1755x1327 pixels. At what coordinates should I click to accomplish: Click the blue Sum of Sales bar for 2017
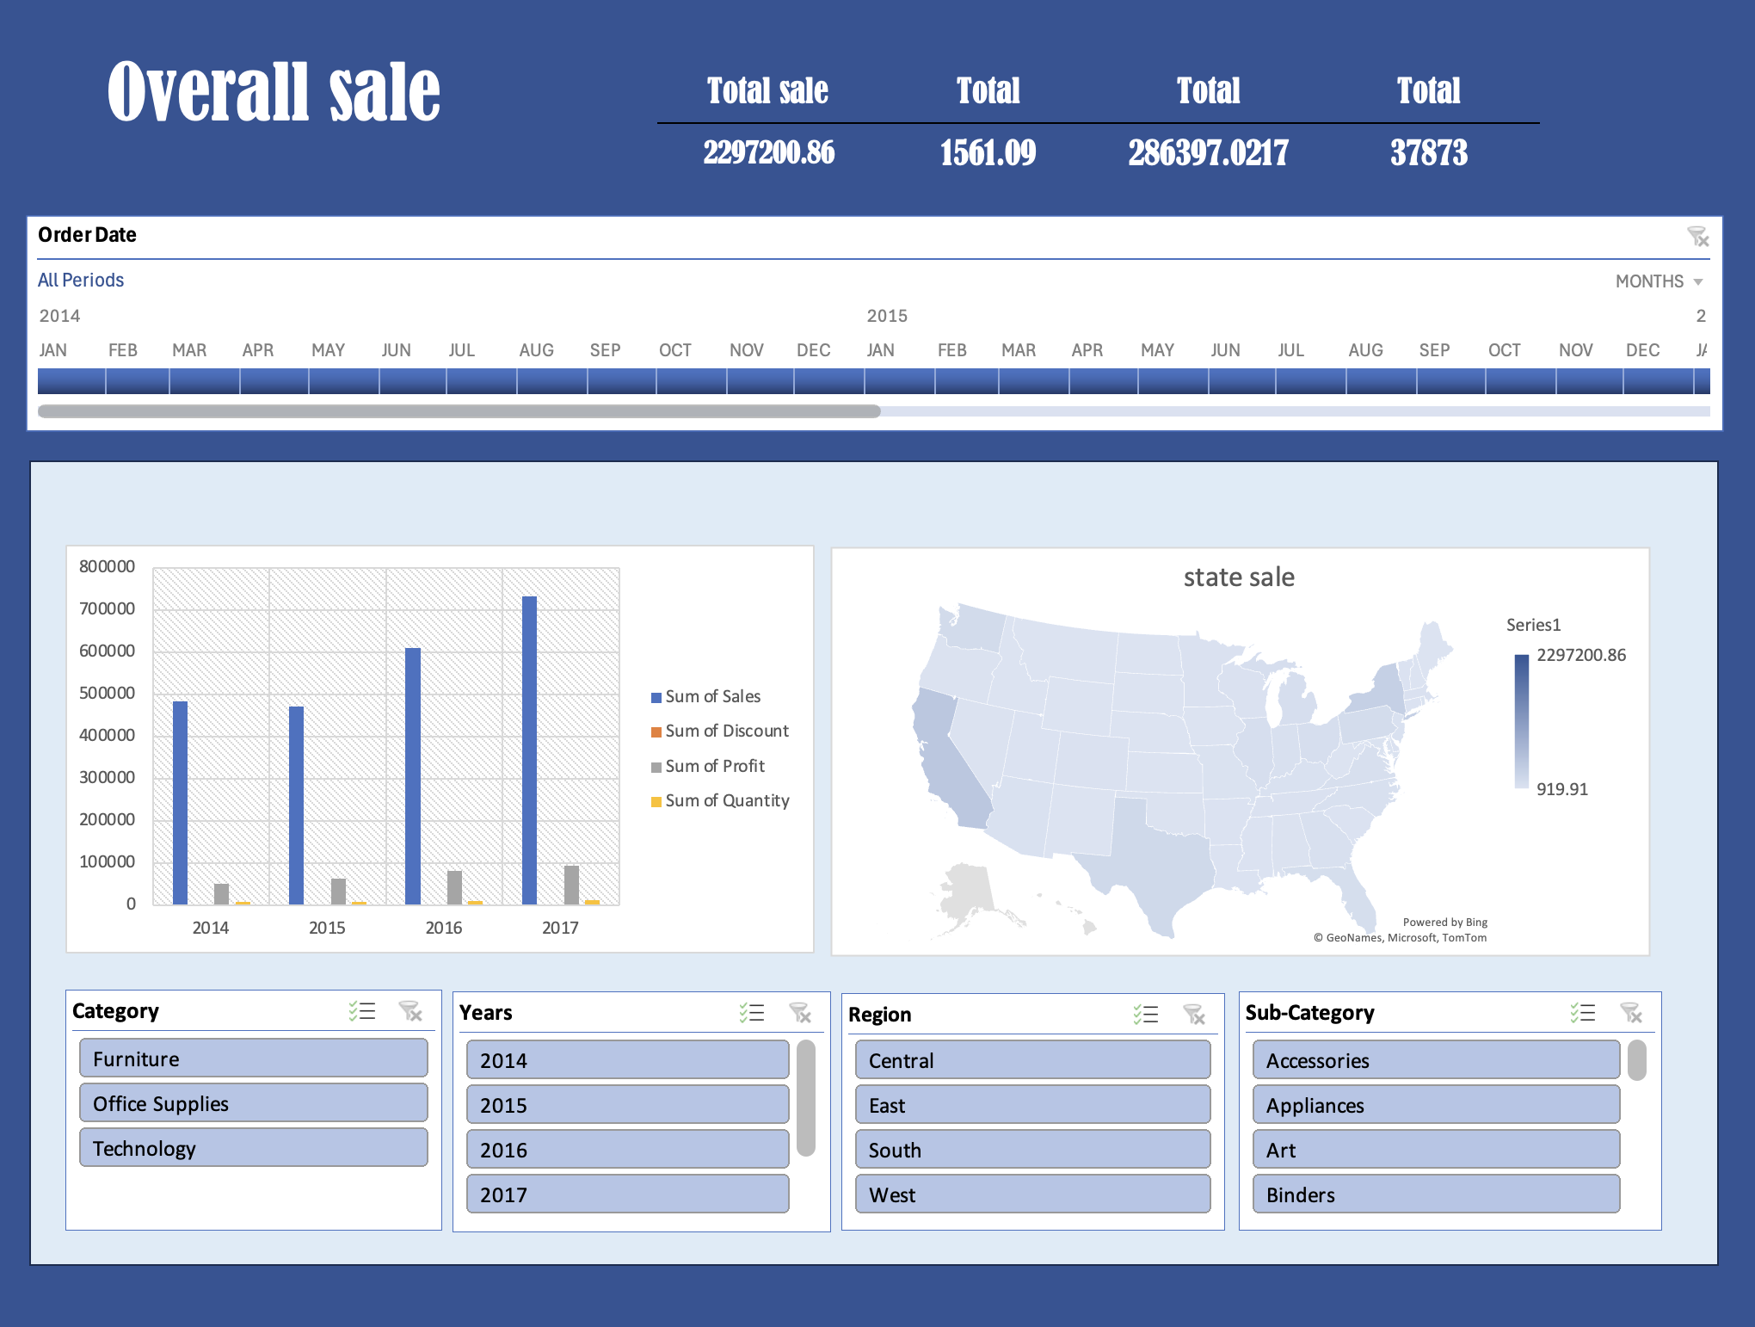[529, 750]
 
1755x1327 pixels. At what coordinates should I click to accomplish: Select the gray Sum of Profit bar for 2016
[454, 887]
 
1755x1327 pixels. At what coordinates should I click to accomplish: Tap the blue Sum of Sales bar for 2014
[180, 802]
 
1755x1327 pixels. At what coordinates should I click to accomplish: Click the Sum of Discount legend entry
[720, 731]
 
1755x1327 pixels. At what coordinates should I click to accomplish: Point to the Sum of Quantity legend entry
[720, 800]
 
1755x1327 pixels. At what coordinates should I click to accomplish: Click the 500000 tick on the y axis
[107, 693]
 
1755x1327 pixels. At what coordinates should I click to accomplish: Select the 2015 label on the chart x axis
[327, 928]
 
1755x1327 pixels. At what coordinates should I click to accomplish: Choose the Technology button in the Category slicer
[254, 1148]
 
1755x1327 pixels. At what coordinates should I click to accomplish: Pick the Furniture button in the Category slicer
[254, 1059]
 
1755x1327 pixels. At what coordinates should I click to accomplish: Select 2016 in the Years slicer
[628, 1150]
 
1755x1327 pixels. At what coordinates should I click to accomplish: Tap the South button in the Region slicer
[1033, 1150]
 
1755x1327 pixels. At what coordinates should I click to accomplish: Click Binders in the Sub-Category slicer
[1437, 1194]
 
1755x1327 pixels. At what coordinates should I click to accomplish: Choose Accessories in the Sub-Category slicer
[1437, 1060]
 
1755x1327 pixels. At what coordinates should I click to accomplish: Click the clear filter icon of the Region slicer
[1194, 1015]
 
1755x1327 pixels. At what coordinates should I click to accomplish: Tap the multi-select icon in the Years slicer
[751, 1013]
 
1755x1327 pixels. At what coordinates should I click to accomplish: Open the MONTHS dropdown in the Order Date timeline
[1659, 281]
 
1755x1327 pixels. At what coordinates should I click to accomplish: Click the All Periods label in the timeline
[81, 281]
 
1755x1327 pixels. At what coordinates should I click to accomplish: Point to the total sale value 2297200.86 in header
[769, 152]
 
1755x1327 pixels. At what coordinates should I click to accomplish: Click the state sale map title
[1239, 577]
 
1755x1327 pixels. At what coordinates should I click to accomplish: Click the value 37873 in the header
[1429, 152]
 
